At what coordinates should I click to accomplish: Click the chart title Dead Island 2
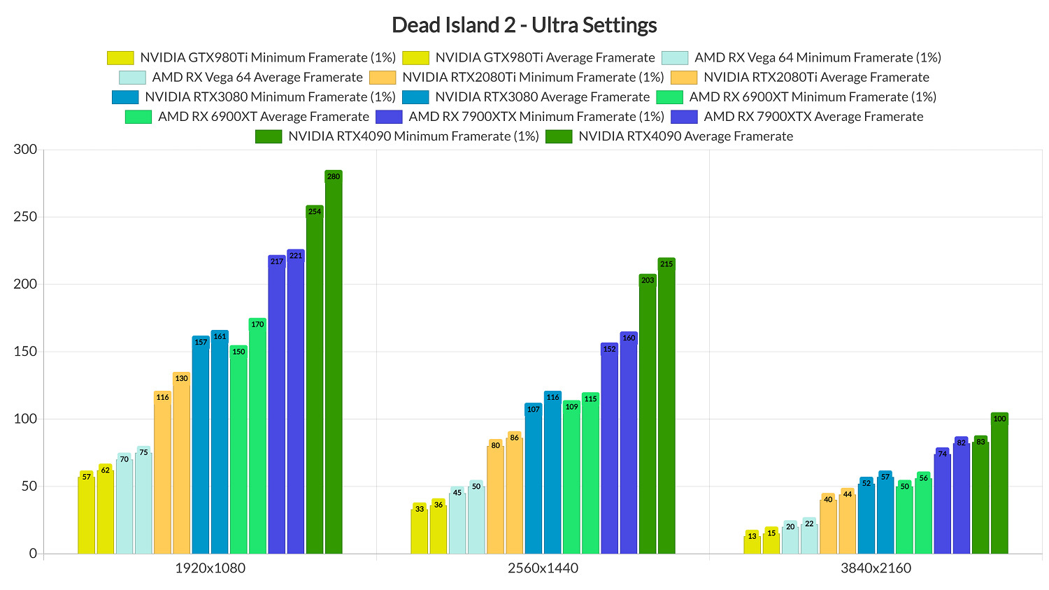[524, 25]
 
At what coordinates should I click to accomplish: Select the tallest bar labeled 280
[334, 364]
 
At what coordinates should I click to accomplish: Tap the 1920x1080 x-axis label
[210, 568]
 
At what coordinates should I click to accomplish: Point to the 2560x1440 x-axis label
[543, 568]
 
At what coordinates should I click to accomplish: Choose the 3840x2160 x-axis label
[876, 568]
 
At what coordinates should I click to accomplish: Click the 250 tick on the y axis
[25, 217]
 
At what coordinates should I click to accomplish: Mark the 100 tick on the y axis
[25, 419]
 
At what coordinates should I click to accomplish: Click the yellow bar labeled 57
[86, 514]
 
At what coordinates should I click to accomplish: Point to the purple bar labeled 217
[277, 405]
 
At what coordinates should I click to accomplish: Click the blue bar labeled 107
[534, 479]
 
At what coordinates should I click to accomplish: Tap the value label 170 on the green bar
[257, 324]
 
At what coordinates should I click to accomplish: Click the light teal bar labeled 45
[457, 521]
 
